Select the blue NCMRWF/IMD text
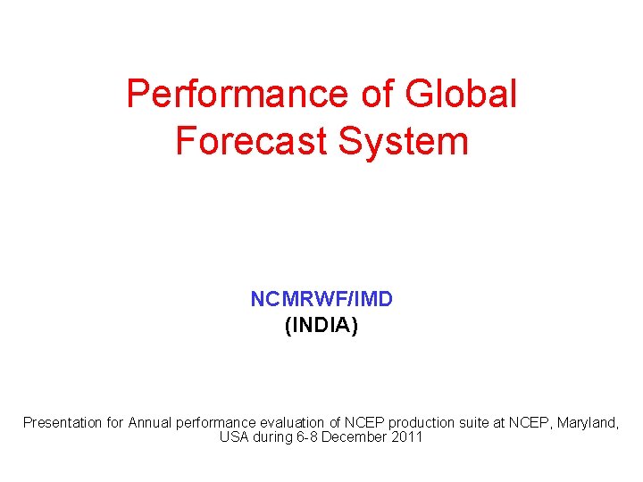[321, 299]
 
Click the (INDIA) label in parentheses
[321, 326]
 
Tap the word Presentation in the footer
[62, 422]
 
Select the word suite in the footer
[474, 422]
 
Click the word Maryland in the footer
[588, 422]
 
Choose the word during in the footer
[271, 437]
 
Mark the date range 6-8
[306, 437]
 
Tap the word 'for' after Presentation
[114, 422]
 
